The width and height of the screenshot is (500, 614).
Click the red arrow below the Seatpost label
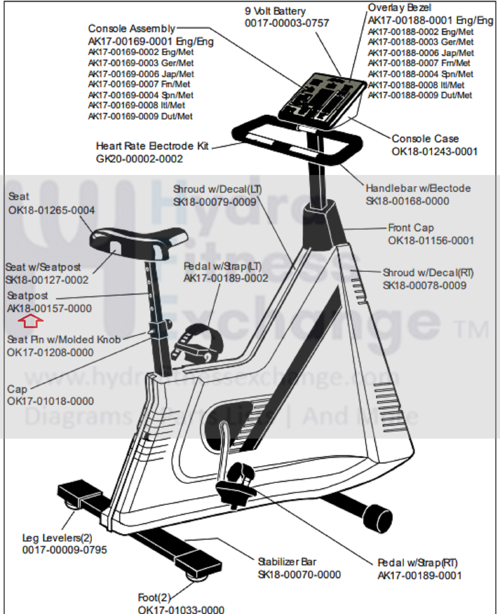tap(31, 321)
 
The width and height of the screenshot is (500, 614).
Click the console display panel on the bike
tap(322, 99)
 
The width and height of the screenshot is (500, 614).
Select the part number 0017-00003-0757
tap(287, 23)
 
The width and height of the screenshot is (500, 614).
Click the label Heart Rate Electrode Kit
tap(152, 146)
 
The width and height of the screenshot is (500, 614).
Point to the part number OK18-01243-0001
tap(434, 152)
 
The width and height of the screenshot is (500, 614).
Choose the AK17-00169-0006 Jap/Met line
tap(141, 74)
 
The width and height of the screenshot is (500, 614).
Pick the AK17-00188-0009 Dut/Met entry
tap(420, 95)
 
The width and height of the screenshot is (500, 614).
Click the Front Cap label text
tap(411, 228)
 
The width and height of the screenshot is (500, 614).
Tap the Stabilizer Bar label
tap(287, 562)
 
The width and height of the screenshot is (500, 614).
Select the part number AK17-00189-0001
tap(419, 576)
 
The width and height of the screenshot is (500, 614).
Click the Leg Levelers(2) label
tap(57, 538)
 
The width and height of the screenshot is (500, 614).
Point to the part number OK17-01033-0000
tap(181, 610)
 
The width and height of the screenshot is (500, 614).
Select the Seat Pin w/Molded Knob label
tap(64, 340)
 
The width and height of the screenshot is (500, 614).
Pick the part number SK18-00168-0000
tap(407, 201)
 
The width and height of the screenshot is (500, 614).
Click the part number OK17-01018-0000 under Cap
tap(50, 401)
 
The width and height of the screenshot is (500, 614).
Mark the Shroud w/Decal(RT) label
tap(428, 273)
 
